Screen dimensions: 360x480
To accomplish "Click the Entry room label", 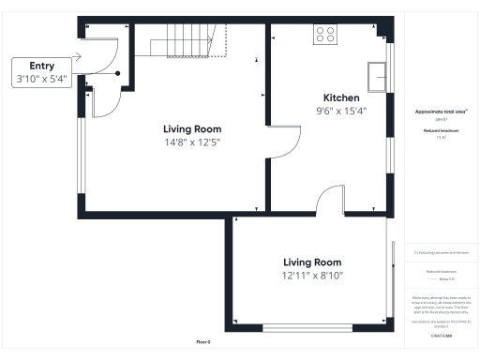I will pyautogui.click(x=41, y=66).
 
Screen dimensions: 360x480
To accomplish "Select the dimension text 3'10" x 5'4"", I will pyautogui.click(x=41, y=80).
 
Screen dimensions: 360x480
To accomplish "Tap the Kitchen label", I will pyautogui.click(x=341, y=97).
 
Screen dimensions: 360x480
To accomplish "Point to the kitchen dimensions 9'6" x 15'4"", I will pyautogui.click(x=341, y=111).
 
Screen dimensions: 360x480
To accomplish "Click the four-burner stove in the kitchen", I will pyautogui.click(x=326, y=35).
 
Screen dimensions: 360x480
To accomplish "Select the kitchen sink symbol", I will pyautogui.click(x=380, y=76).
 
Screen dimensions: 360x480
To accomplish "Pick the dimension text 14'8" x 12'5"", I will pyautogui.click(x=191, y=142).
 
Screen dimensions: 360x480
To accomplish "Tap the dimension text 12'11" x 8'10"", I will pyautogui.click(x=313, y=276).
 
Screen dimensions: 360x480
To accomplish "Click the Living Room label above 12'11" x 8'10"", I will pyautogui.click(x=313, y=262).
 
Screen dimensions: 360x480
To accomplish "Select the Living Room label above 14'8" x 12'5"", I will pyautogui.click(x=191, y=128).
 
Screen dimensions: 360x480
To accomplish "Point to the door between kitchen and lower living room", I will pyautogui.click(x=331, y=200).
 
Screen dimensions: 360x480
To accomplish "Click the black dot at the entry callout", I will pyautogui.click(x=118, y=73).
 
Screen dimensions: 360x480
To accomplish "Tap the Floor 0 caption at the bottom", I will pyautogui.click(x=203, y=340).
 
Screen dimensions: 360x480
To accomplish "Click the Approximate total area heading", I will pyautogui.click(x=441, y=112).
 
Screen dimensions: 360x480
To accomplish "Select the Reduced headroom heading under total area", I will pyautogui.click(x=441, y=130).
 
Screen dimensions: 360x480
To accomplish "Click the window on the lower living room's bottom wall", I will pyautogui.click(x=307, y=327).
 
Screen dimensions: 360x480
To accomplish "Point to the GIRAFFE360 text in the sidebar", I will pyautogui.click(x=441, y=334).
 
